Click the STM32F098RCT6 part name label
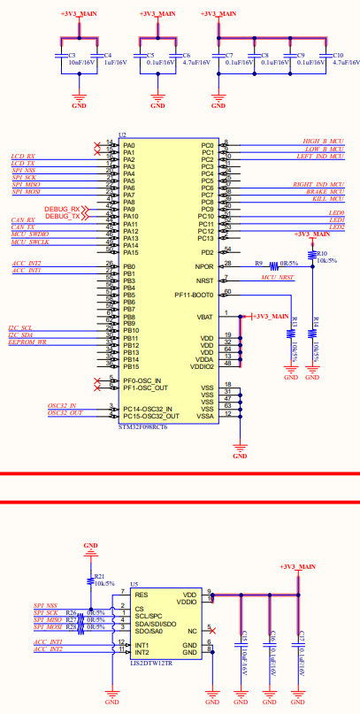142,426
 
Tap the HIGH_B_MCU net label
324,141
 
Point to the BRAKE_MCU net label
326,191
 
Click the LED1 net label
336,219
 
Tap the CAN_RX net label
22,219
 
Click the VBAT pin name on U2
205,316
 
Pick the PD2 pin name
207,252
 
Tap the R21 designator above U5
99,576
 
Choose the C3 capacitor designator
72,55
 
